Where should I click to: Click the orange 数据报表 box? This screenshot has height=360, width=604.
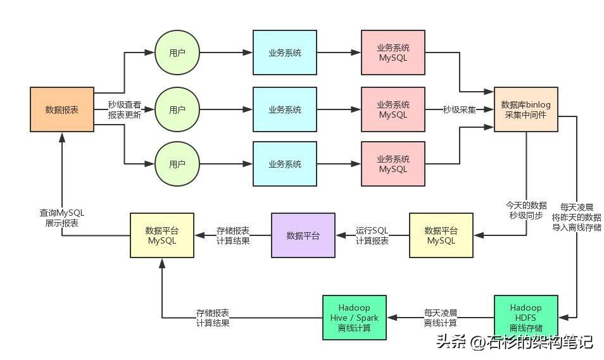coord(62,109)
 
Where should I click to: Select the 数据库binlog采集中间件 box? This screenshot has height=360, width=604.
coord(525,109)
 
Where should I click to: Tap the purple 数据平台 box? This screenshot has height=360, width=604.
coord(303,235)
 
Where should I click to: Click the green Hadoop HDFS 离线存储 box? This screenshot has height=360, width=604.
coord(525,317)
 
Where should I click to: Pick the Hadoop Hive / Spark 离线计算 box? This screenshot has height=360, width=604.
coord(354,317)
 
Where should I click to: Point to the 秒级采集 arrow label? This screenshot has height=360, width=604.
coord(459,109)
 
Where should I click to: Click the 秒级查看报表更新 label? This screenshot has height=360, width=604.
coord(124,110)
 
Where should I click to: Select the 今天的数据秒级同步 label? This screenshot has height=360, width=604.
coord(525,210)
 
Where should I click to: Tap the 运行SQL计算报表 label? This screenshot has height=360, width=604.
coord(372,235)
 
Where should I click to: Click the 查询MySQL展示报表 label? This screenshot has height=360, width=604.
coord(61,218)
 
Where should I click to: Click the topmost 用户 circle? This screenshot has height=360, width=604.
coord(177,53)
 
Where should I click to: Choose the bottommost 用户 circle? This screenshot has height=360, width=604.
coord(177,164)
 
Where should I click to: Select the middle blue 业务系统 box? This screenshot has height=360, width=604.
coord(284,109)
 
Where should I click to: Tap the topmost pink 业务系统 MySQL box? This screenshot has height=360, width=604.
coord(393,53)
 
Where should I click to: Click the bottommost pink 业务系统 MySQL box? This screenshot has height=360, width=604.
coord(393,164)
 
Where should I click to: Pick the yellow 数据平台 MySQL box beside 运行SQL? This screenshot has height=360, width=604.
coord(441,235)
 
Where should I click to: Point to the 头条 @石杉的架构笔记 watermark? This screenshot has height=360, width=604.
coord(513,342)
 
